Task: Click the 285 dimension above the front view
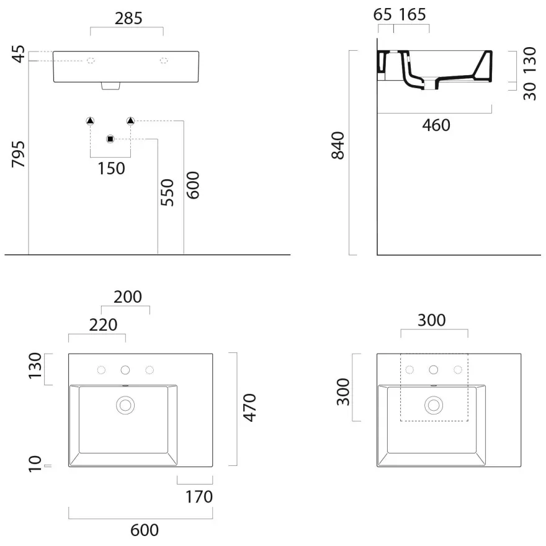point(128,19)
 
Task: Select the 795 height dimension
point(18,154)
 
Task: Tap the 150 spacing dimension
point(111,169)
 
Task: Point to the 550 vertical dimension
point(167,192)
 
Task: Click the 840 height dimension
point(338,146)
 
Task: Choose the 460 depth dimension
point(436,125)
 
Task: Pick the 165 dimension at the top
point(412,15)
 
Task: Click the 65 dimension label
point(382,15)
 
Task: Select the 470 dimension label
point(249,408)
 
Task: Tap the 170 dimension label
point(199,497)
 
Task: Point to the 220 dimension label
point(103,325)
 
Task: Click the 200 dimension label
point(128,297)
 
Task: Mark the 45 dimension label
point(18,54)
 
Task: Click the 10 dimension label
point(35,464)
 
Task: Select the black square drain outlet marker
point(110,139)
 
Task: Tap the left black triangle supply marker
point(90,121)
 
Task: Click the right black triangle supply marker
point(130,121)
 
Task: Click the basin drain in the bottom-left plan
point(125,405)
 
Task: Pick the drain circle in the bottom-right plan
point(434,405)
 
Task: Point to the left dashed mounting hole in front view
point(91,61)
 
